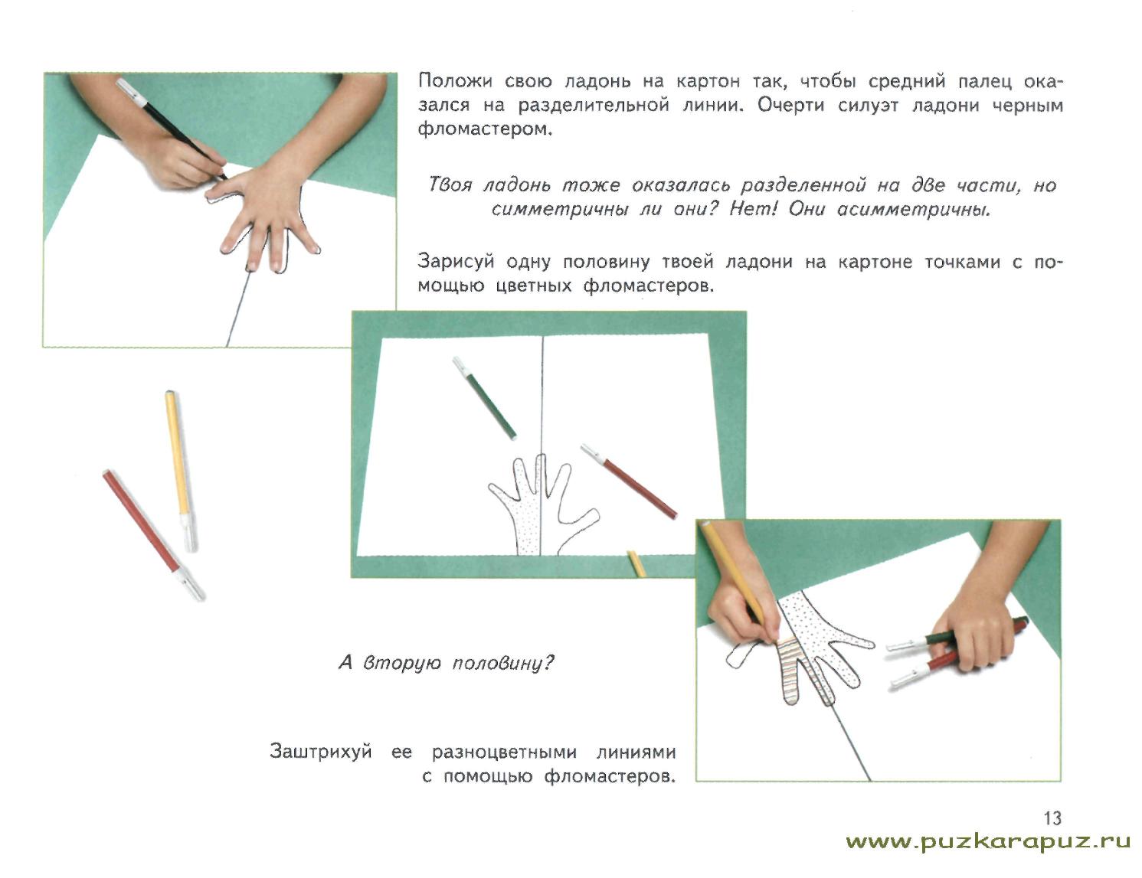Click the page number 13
point(1052,818)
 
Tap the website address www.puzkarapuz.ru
point(988,843)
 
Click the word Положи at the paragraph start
point(456,81)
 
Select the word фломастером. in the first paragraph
point(485,129)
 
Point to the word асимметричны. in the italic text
point(914,210)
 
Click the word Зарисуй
point(456,262)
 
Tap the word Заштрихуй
point(321,752)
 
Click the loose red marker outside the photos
point(153,535)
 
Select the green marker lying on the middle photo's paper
point(484,398)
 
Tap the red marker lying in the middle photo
point(629,481)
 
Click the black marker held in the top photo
point(171,129)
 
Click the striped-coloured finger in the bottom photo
point(790,670)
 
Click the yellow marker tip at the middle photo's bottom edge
point(636,564)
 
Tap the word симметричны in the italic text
point(559,210)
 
